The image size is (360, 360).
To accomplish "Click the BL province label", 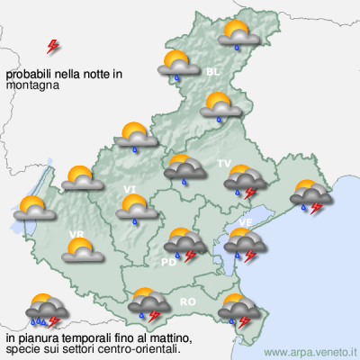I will click(212, 70).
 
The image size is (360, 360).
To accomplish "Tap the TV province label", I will click(224, 163).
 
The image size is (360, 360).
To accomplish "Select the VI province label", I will click(130, 188).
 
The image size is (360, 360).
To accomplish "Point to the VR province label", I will click(76, 235).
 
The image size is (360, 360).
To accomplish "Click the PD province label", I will click(167, 262).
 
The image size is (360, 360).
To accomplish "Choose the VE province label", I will click(245, 221).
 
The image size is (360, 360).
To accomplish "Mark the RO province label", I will click(188, 301).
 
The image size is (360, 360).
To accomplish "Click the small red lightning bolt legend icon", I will click(53, 45).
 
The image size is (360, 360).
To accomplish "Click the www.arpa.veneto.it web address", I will click(311, 352).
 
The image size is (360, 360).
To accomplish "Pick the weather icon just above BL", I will click(179, 66).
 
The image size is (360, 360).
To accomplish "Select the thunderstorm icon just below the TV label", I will click(243, 184).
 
